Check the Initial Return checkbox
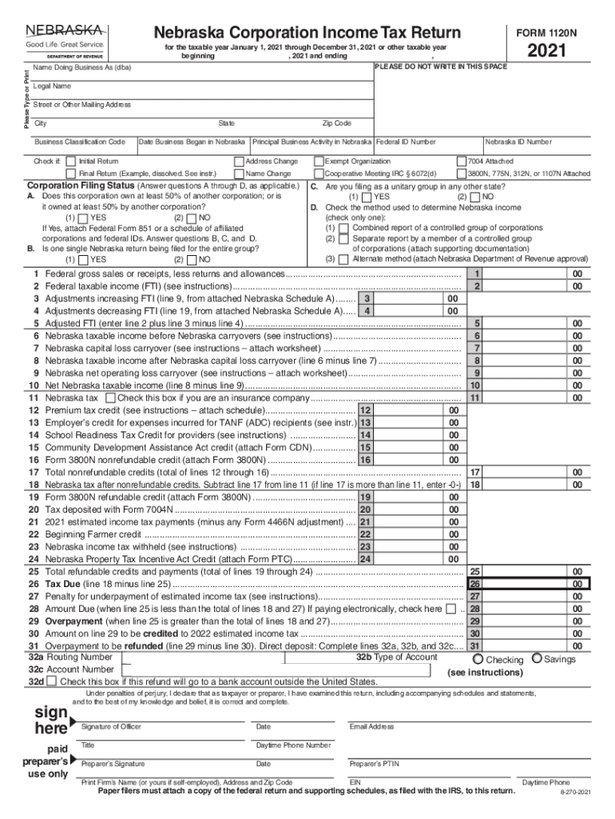click(71, 162)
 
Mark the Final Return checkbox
click(71, 174)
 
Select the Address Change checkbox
click(239, 162)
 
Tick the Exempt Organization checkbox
click(319, 162)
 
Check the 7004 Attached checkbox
click(461, 162)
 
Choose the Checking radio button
click(478, 659)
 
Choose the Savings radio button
click(537, 659)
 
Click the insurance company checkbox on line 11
click(110, 398)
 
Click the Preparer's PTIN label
click(376, 764)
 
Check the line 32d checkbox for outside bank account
click(52, 681)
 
